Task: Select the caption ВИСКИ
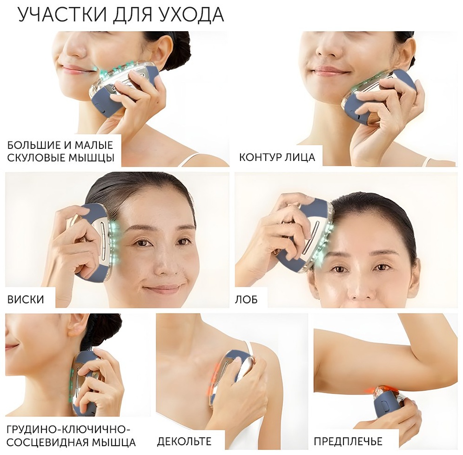click(x=26, y=300)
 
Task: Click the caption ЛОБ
click(x=246, y=300)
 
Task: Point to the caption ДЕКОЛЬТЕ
click(x=184, y=442)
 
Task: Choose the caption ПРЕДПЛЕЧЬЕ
click(x=348, y=442)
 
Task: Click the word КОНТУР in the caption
click(x=260, y=157)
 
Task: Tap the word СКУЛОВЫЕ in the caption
click(x=37, y=158)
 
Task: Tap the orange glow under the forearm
click(x=375, y=390)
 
